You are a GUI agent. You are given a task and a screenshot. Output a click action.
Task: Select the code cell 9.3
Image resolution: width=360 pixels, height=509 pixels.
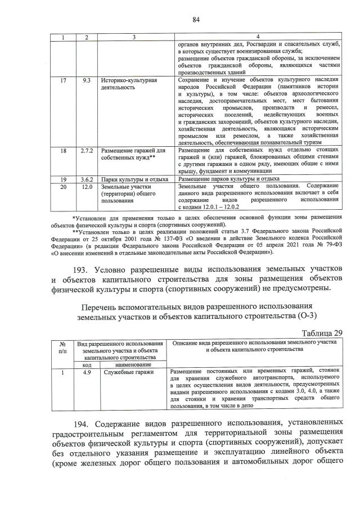87,80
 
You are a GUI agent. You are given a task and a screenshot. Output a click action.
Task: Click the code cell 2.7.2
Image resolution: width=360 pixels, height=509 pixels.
86,151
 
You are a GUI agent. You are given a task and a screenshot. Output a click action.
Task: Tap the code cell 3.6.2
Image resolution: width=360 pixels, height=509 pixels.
86,179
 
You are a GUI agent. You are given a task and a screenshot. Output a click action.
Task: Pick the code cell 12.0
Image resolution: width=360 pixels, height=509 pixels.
87,186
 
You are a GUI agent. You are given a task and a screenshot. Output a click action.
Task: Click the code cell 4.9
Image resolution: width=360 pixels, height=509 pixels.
87,372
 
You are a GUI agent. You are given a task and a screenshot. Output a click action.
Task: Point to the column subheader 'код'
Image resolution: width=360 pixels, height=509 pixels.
87,364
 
